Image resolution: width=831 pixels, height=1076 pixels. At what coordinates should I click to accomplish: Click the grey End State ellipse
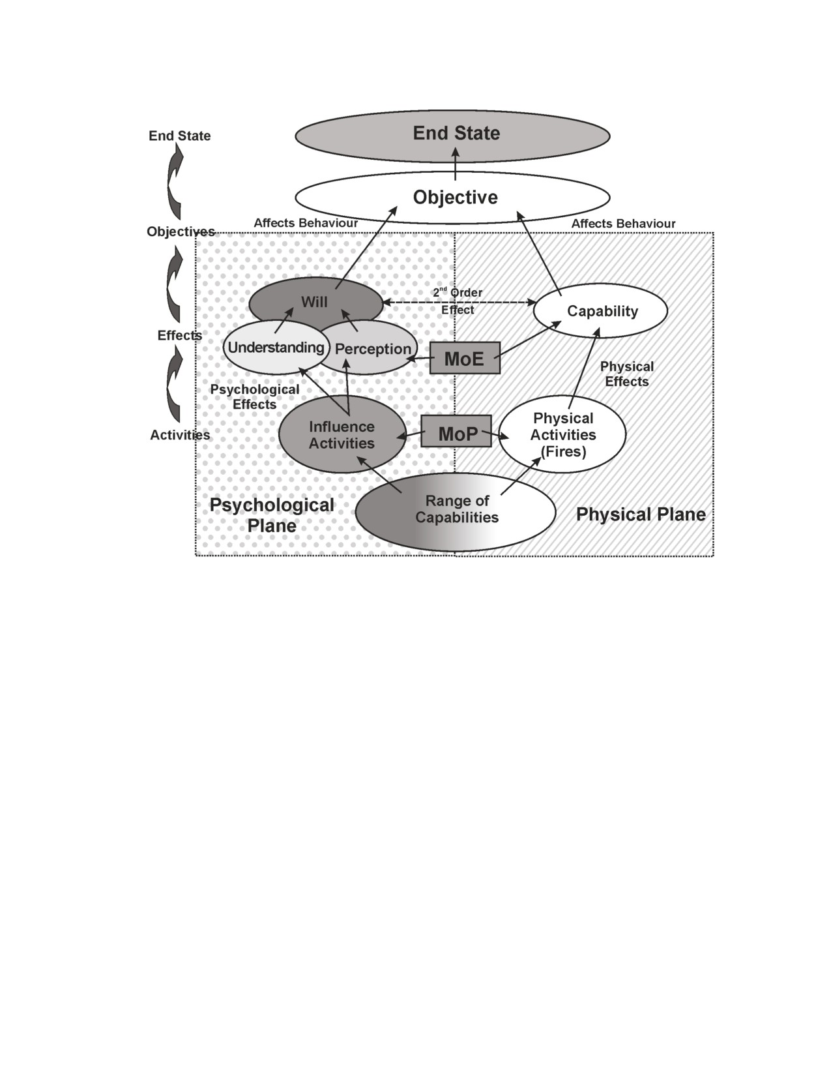coord(452,136)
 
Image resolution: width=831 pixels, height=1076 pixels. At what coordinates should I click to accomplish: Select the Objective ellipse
coord(452,197)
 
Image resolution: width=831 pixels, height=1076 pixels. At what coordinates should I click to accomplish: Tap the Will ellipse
coord(315,302)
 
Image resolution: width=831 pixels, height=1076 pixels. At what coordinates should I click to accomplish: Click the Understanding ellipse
coord(276,348)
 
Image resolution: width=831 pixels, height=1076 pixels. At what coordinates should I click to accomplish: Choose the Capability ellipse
coord(600,310)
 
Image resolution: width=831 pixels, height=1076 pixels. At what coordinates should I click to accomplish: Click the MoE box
coord(464,358)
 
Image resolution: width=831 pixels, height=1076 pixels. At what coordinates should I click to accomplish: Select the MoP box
coord(456,431)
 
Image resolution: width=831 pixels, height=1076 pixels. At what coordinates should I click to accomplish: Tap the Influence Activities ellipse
coord(342,434)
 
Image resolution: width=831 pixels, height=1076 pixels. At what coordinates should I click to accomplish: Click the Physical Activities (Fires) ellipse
coord(562,434)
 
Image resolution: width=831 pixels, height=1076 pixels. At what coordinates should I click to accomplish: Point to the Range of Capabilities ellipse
coord(456,511)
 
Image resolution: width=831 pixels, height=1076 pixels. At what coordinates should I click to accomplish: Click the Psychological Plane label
coord(272,515)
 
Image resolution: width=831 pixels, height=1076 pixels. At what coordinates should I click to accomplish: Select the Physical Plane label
coord(641,515)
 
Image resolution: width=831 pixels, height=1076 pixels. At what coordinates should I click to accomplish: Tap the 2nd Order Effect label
coord(458,301)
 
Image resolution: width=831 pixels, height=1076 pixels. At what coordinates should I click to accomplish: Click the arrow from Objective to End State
coord(456,164)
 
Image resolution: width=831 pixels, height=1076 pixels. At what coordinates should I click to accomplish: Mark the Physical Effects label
coord(626,374)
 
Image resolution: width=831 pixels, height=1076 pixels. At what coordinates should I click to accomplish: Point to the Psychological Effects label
coord(254,396)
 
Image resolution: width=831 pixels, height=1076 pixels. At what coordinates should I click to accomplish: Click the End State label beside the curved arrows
coord(180,136)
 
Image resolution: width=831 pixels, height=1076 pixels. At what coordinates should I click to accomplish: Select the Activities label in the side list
coord(180,435)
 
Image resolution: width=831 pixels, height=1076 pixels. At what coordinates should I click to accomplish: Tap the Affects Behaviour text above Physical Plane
coord(623,224)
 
